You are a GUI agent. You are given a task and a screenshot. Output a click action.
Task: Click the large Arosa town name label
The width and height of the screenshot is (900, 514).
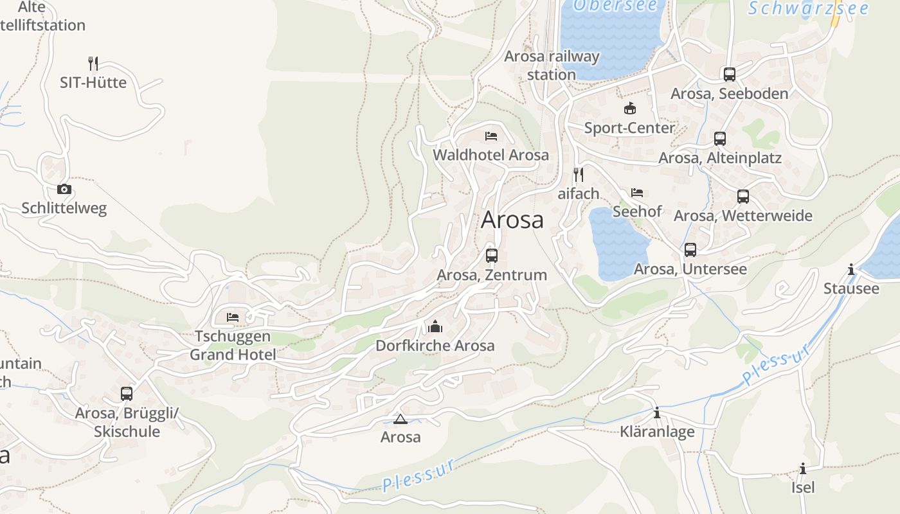[x=512, y=220]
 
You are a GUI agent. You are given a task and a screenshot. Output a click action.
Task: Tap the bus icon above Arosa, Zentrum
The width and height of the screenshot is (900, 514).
[x=492, y=256]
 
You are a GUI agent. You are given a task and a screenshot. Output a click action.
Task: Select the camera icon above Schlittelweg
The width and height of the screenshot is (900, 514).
[x=64, y=189]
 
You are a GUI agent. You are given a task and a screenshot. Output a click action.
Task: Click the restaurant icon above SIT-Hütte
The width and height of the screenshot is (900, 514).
[x=93, y=63]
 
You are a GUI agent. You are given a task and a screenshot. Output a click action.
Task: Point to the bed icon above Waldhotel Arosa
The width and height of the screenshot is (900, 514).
[x=491, y=136]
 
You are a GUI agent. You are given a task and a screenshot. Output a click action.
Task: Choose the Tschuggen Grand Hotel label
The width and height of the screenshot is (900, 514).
[x=233, y=346]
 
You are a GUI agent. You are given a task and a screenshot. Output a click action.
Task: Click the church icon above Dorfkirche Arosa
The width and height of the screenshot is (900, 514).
[x=435, y=326]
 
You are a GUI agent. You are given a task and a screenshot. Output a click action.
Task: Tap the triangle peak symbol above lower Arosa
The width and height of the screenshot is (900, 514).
[x=401, y=420]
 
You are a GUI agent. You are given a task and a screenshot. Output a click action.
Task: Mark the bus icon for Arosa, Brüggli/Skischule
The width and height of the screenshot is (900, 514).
[x=127, y=393]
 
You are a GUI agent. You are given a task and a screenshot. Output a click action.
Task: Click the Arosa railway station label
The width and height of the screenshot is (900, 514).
[x=552, y=65]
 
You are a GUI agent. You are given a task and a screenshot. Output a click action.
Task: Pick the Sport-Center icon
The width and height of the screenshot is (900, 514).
[x=630, y=109]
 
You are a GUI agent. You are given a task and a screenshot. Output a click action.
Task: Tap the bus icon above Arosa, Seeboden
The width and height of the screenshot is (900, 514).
[x=729, y=75]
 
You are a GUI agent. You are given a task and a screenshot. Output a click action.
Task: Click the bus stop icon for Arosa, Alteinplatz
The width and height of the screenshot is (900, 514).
[x=720, y=139]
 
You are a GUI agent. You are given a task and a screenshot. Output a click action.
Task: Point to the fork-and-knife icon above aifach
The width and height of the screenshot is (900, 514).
[x=579, y=174]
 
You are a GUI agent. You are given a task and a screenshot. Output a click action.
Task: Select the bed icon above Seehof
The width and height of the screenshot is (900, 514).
[x=637, y=192]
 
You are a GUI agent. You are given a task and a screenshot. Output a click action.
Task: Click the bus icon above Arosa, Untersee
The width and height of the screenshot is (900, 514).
[x=690, y=250]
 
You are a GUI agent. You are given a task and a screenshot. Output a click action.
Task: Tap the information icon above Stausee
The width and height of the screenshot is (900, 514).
[x=851, y=269]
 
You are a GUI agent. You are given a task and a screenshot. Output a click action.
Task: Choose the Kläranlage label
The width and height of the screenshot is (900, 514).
[x=657, y=431]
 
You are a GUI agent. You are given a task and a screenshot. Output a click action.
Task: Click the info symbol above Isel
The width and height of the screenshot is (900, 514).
[x=803, y=468]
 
